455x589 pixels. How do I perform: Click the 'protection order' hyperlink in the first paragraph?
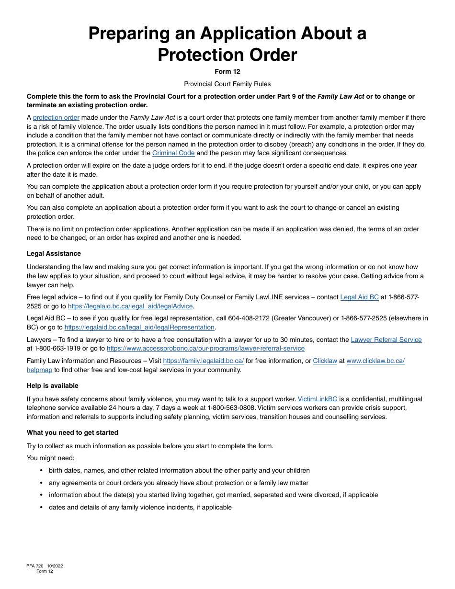click(x=56, y=118)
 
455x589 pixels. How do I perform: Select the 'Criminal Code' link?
click(x=173, y=153)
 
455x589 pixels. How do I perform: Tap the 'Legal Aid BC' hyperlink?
click(x=359, y=297)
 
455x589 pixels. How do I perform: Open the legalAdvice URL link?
click(x=130, y=306)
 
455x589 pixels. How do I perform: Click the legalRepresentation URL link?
click(x=139, y=328)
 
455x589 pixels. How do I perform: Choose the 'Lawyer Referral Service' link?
click(x=386, y=340)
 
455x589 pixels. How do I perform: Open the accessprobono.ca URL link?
click(x=205, y=349)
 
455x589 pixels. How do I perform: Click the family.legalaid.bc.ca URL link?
click(x=203, y=361)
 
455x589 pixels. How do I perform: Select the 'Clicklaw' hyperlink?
click(x=325, y=361)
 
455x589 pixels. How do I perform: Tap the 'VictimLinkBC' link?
click(x=318, y=399)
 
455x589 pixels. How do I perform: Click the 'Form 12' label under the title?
click(x=227, y=72)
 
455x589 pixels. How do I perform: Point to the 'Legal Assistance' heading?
click(x=54, y=254)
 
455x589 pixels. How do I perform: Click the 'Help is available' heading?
click(x=53, y=386)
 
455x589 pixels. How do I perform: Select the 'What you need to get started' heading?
click(x=72, y=433)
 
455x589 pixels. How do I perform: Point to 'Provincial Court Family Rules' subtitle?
click(x=227, y=84)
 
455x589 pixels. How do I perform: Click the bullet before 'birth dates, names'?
click(x=42, y=471)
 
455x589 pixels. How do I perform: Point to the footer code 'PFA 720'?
click(x=34, y=566)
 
